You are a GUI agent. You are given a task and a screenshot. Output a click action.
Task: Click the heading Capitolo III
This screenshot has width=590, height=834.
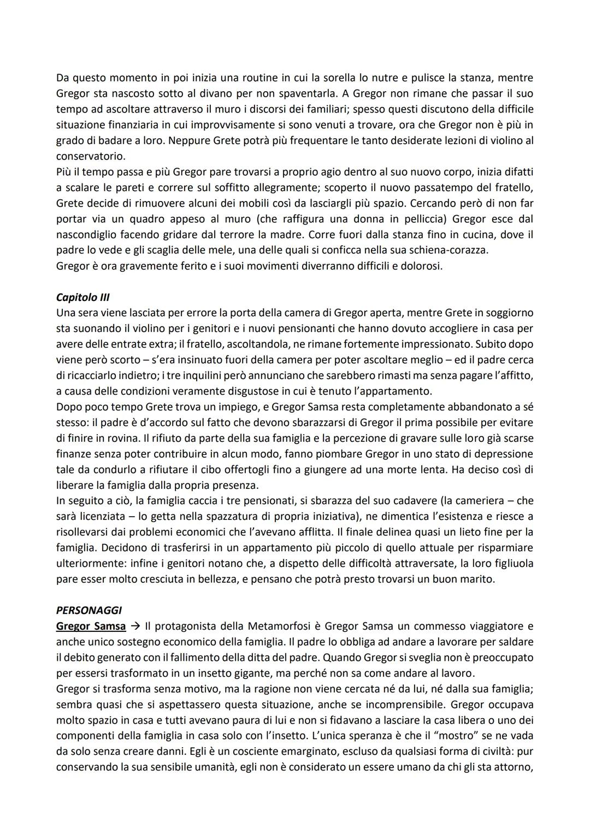tap(82, 298)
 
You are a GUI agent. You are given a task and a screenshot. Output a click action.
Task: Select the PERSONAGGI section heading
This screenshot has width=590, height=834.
tap(88, 611)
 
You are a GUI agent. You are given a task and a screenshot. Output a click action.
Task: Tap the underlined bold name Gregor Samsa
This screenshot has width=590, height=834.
tap(91, 626)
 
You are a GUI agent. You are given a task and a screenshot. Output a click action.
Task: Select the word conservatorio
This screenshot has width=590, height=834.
tap(90, 156)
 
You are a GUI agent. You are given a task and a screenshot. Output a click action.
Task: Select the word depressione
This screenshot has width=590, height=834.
tap(501, 454)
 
